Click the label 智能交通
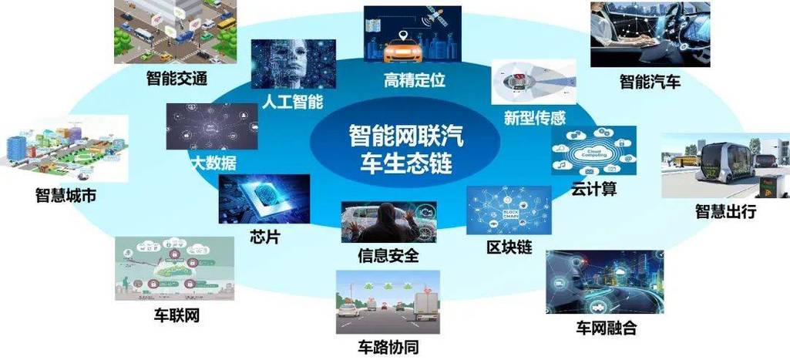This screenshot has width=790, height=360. [x=178, y=78]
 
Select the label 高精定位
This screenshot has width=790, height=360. [x=415, y=79]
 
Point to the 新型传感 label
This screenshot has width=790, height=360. [x=535, y=118]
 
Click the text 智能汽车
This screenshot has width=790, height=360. [x=650, y=81]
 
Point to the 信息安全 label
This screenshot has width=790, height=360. [x=388, y=255]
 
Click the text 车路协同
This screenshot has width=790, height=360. [x=389, y=347]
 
